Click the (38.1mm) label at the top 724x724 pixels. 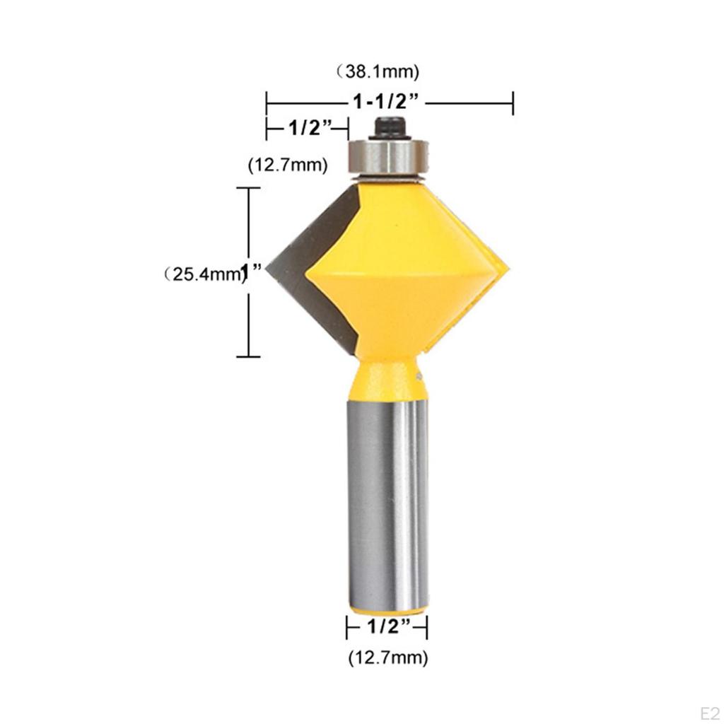(378, 71)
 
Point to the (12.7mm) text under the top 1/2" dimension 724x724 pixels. (287, 165)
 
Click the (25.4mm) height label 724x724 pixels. (200, 273)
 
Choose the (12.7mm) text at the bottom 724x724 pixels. (387, 658)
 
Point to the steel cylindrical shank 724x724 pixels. (388, 495)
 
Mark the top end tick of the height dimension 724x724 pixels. (247, 188)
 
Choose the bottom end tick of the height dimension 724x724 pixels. (247, 356)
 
